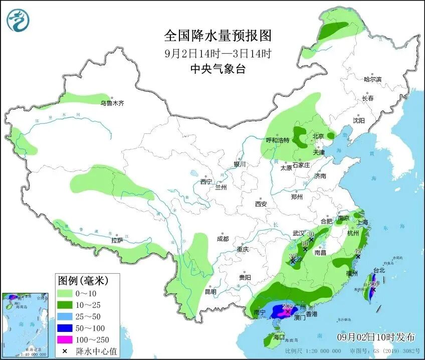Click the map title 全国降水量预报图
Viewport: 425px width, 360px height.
[218, 36]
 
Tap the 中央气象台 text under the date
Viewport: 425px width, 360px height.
[218, 69]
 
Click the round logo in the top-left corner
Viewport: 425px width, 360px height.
[18, 20]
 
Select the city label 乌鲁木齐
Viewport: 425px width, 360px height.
[111, 103]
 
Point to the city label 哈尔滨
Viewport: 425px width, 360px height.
[372, 79]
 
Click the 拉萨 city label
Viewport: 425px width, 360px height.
[117, 241]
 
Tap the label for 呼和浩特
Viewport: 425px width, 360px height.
[277, 140]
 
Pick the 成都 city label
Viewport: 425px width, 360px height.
[223, 239]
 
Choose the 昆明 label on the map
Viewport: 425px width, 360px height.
[210, 291]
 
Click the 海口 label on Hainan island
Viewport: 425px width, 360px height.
[278, 337]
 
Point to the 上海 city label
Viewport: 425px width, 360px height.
[361, 222]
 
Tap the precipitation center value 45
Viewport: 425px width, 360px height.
[358, 251]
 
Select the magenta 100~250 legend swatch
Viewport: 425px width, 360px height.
[65, 339]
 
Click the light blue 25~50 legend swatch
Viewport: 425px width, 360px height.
[65, 317]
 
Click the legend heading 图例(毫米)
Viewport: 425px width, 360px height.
[82, 279]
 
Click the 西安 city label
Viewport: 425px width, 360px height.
[261, 204]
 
